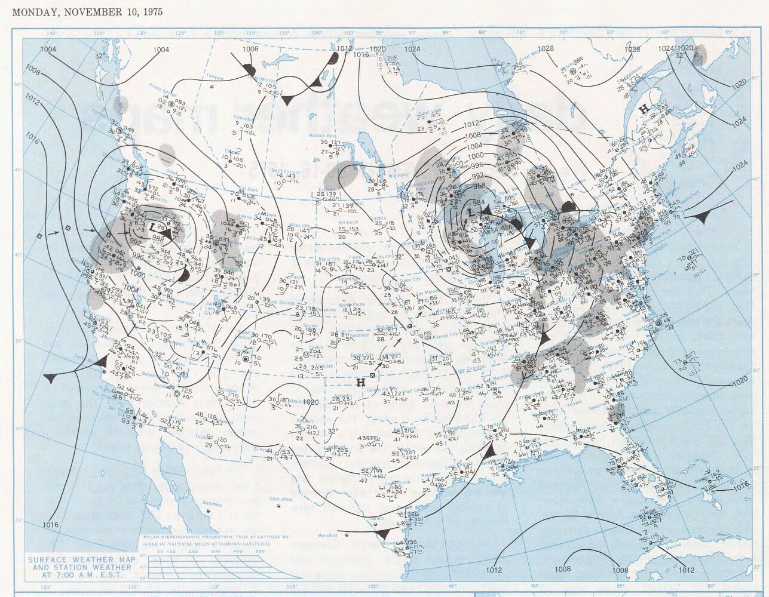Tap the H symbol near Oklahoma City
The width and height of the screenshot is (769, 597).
[360, 382]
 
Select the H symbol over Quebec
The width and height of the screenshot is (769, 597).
[644, 109]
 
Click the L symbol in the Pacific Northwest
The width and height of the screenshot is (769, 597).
[154, 227]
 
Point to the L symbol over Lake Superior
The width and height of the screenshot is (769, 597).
[471, 213]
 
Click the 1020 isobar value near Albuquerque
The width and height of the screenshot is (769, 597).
[310, 402]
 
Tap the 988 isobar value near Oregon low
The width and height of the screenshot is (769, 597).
[158, 238]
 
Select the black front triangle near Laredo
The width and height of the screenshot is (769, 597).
[383, 533]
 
